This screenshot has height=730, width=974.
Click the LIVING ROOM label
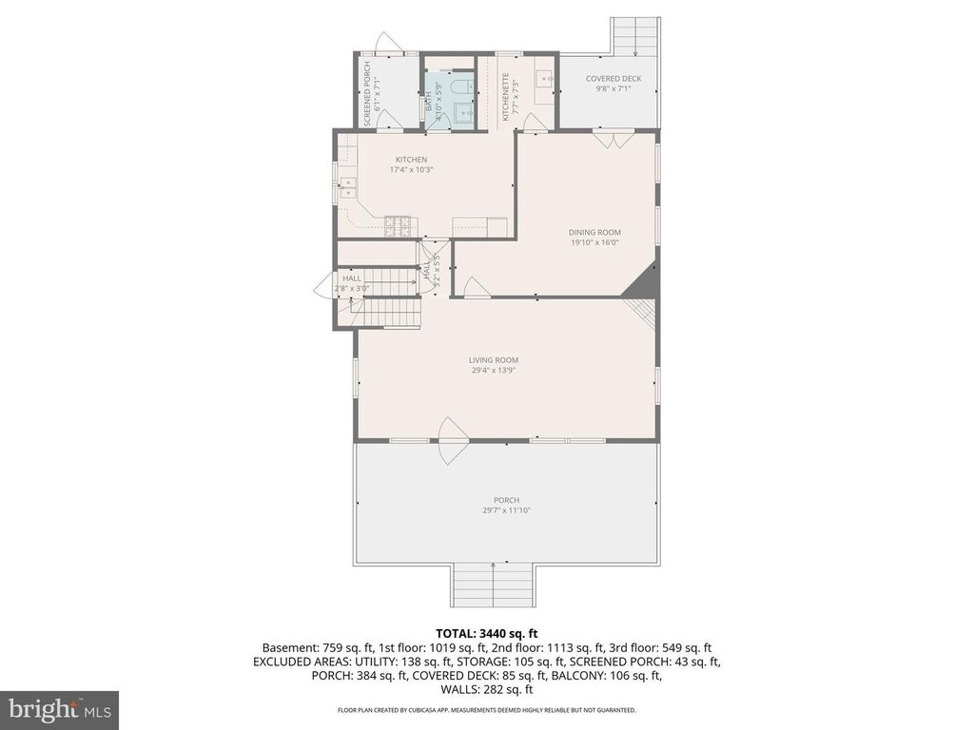[x=493, y=359]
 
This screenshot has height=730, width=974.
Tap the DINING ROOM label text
[x=594, y=232]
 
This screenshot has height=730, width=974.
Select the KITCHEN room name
[x=411, y=160]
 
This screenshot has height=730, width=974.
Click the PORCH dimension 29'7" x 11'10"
[x=506, y=510]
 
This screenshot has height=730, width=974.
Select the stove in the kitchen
[x=398, y=226]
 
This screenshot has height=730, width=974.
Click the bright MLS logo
[x=59, y=708]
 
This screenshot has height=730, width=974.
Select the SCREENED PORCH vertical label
[x=368, y=94]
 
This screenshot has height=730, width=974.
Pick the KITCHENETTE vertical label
[x=506, y=97]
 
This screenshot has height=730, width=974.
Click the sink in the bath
[x=464, y=114]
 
